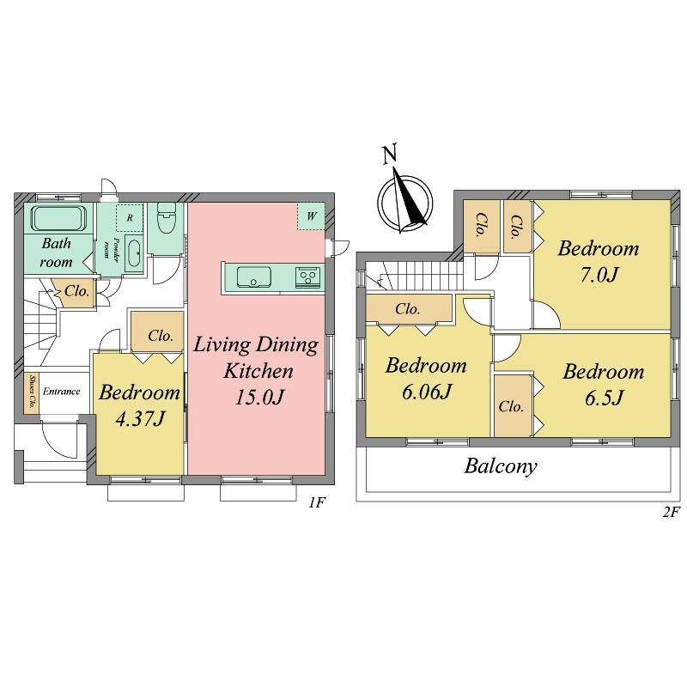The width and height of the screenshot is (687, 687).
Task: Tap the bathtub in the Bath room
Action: pos(58,219)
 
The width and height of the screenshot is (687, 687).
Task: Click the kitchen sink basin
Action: pos(252,277)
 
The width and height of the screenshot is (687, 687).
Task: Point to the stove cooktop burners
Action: pos(307,277)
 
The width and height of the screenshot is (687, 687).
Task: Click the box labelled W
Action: pos(310,216)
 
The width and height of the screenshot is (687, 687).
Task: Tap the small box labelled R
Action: pos(129,217)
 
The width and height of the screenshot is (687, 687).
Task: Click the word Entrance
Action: pos(62,392)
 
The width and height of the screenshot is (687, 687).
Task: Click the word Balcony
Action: pos(501,467)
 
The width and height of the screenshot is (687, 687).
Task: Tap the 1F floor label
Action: pos(317,502)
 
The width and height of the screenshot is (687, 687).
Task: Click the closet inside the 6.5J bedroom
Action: pos(512,406)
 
